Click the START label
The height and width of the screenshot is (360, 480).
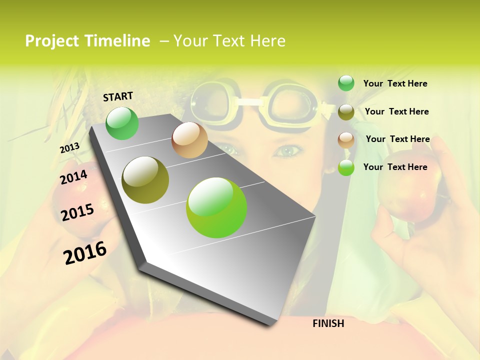(118, 96)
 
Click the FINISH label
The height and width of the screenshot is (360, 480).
(328, 323)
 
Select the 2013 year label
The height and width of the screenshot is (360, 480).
(69, 147)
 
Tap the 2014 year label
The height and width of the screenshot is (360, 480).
(73, 177)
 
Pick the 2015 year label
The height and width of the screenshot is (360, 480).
(77, 212)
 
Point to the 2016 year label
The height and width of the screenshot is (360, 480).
(85, 252)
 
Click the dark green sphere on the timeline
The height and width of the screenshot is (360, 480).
(122, 123)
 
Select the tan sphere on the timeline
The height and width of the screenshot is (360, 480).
(189, 140)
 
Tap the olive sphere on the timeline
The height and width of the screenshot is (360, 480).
(145, 180)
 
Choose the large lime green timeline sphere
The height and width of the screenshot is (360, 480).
(216, 207)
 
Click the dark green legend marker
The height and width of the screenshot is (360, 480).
(346, 83)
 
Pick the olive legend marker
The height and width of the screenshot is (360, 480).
(346, 112)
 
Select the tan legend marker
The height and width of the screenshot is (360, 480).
(346, 139)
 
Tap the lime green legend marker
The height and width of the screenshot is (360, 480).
(346, 167)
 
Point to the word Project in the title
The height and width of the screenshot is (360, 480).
(51, 41)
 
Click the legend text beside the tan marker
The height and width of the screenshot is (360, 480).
(397, 139)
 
